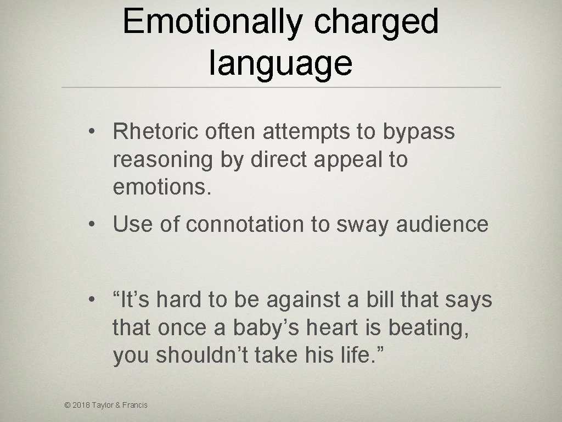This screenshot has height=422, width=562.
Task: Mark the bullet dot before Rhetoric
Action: click(95, 132)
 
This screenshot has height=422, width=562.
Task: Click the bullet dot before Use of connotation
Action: click(95, 225)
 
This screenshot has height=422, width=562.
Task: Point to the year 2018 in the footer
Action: click(82, 406)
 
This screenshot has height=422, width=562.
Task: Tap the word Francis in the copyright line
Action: click(136, 406)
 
